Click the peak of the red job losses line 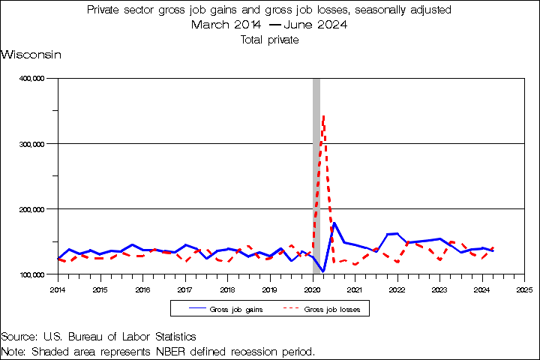pyautogui.click(x=323, y=115)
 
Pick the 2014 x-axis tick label pyautogui.click(x=58, y=289)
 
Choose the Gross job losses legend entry pyautogui.click(x=327, y=309)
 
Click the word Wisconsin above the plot pyautogui.click(x=31, y=55)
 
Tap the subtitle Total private pyautogui.click(x=269, y=40)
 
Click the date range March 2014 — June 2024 pyautogui.click(x=269, y=25)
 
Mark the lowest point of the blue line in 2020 pyautogui.click(x=323, y=271)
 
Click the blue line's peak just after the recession pyautogui.click(x=334, y=223)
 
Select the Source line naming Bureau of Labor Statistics pyautogui.click(x=98, y=337)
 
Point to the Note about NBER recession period pyautogui.click(x=157, y=351)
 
